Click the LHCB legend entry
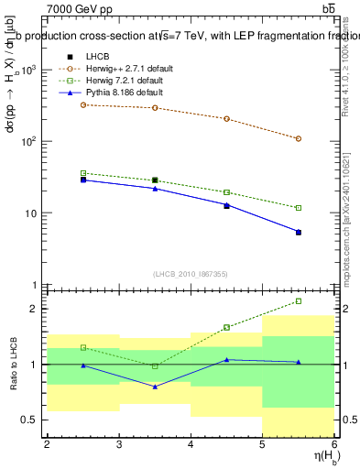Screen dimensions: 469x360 tap(98, 58)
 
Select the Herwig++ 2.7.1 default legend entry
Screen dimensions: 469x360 tap(124, 69)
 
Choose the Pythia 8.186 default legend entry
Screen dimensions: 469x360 tap(120, 93)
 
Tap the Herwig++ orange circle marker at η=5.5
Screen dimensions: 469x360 tap(299, 138)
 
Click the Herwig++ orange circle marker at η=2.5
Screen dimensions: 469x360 tap(83, 104)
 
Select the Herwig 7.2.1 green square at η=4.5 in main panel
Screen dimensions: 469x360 tap(226, 192)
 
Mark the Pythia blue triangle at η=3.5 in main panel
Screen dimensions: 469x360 tap(155, 189)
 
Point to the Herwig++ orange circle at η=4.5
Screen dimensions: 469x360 tap(226, 118)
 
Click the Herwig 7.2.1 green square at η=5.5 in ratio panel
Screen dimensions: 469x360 tap(299, 300)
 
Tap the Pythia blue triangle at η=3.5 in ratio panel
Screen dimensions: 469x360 tap(155, 387)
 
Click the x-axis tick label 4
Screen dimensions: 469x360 tap(191, 445)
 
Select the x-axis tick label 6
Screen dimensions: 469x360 tap(334, 445)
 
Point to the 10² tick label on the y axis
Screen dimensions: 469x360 tap(28, 142)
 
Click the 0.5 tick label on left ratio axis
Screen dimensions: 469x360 tap(27, 420)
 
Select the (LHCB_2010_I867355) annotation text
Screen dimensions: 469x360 tap(190, 274)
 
